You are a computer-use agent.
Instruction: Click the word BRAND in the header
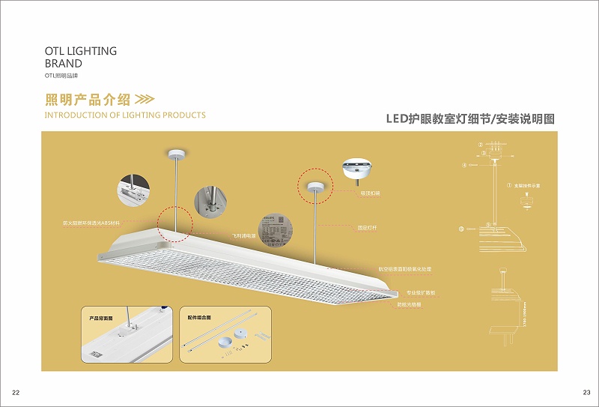64,64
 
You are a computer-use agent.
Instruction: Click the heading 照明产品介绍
88,100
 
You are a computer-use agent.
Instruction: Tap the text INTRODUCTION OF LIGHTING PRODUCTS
125,115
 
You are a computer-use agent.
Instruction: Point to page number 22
15,393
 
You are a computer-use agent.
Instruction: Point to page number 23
586,393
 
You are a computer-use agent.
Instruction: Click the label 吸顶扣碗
370,193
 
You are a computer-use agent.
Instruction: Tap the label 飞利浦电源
243,235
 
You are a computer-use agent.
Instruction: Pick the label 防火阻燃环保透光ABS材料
91,223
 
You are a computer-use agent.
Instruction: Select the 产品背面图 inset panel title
100,319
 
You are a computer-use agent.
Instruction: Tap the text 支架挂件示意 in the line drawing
528,184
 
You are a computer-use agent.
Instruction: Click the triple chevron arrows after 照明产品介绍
145,100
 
